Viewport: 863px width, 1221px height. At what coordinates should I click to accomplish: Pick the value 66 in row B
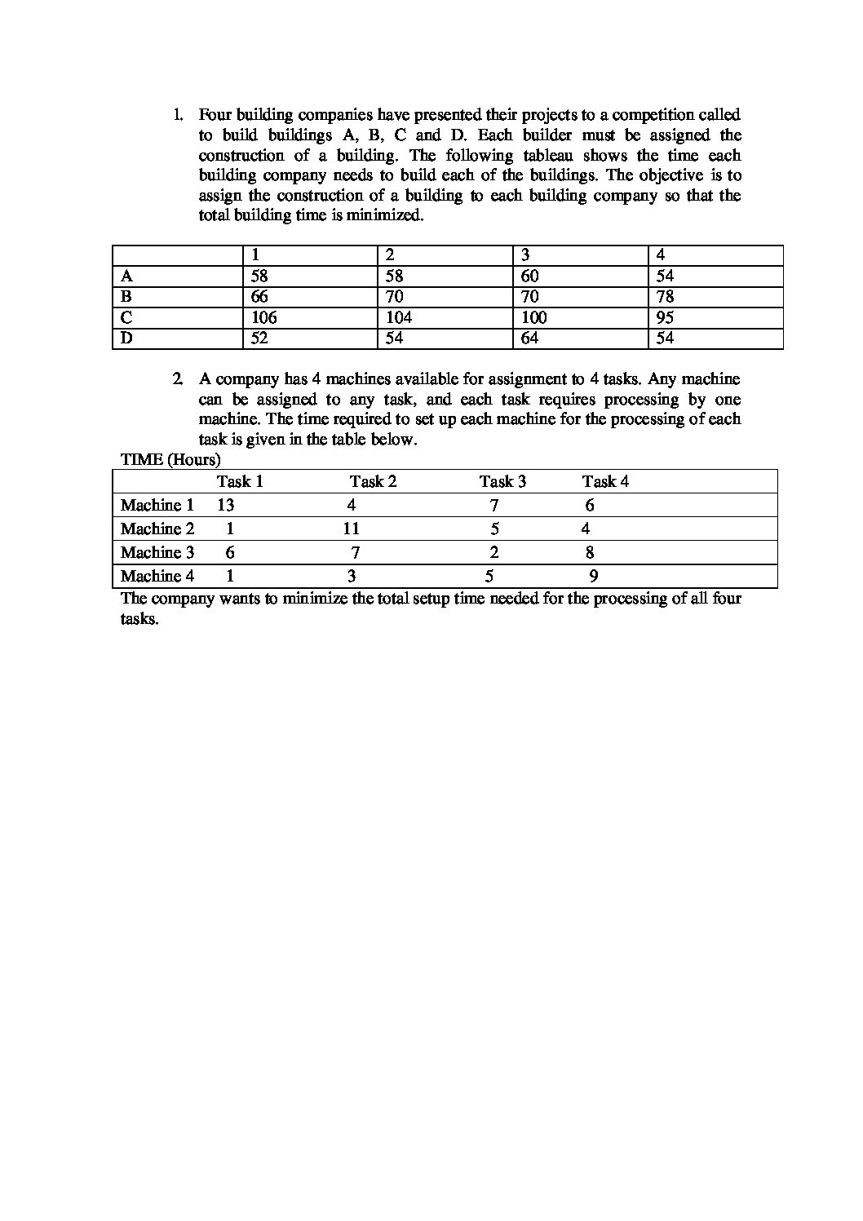pos(259,297)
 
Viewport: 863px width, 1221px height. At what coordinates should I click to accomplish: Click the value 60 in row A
pos(529,276)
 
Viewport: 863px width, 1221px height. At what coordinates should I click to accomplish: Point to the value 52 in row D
pos(259,338)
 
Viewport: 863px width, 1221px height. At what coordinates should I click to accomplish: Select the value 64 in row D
pos(529,338)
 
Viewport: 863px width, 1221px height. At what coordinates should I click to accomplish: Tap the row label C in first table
pos(126,318)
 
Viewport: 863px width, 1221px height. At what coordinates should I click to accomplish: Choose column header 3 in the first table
pos(525,255)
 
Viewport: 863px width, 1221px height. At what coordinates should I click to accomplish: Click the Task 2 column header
pos(373,481)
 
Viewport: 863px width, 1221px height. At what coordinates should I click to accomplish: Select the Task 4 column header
pos(605,481)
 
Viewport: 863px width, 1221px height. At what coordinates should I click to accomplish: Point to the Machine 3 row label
pos(157,552)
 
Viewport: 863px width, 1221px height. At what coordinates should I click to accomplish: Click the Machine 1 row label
pos(157,505)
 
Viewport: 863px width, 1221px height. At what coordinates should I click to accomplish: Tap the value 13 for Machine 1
pos(225,505)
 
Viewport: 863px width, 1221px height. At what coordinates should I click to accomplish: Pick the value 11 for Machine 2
pos(351,529)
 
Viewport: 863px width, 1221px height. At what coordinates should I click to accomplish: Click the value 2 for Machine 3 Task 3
pos(494,552)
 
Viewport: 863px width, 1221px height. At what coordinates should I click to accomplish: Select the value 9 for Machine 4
pos(594,576)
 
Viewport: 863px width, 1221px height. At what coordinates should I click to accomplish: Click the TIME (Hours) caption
pos(170,459)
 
